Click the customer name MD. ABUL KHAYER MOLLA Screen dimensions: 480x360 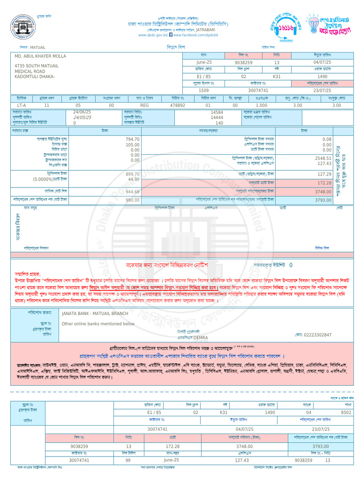click(x=40, y=56)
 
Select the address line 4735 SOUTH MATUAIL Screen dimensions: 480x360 click(x=37, y=66)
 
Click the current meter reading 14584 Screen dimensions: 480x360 click(x=217, y=112)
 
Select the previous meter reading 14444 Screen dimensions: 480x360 click(x=217, y=118)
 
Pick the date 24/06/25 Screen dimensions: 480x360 click(x=82, y=112)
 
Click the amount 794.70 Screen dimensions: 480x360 click(x=133, y=139)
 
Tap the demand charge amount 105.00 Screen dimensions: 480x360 click(x=133, y=145)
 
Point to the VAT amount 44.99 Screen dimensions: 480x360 click(x=134, y=179)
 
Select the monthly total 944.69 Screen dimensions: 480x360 click(x=133, y=192)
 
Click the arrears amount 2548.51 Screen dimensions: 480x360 click(x=323, y=158)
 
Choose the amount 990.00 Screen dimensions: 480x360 click(x=133, y=200)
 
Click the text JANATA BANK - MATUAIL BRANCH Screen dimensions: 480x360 click(x=95, y=313)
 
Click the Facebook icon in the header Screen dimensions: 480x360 click(x=171, y=35)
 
